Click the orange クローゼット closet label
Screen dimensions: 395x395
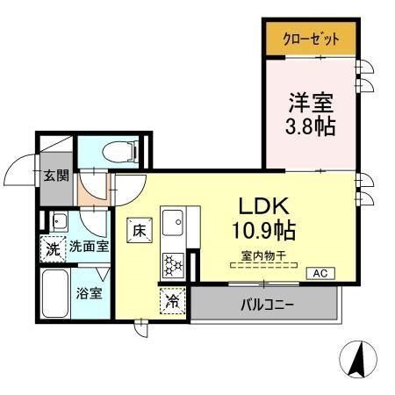(x=311, y=39)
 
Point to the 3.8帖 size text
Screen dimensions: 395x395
(x=311, y=125)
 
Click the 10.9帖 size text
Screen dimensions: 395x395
(x=264, y=231)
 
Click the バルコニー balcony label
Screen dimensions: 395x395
(x=264, y=305)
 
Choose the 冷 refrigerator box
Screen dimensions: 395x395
(x=173, y=302)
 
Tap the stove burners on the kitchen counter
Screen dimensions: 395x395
(x=171, y=261)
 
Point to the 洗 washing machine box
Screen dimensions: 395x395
(x=54, y=248)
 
